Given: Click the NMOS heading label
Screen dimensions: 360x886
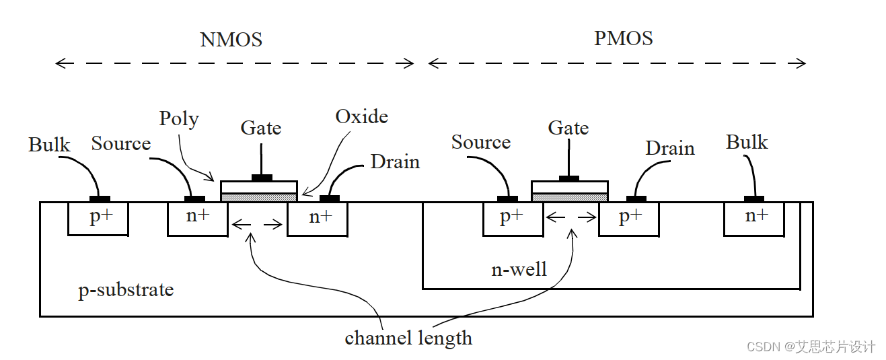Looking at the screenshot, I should pos(231,40).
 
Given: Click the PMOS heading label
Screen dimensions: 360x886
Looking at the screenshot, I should pos(623,38).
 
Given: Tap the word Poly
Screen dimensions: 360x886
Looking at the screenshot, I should pos(179,119).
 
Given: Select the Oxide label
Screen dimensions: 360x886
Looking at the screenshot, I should pos(361,116).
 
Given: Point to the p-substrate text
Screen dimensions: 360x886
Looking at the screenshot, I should pos(126,290).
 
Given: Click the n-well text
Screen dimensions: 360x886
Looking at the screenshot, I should pos(519,270).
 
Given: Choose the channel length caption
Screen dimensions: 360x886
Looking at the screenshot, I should pos(408,337).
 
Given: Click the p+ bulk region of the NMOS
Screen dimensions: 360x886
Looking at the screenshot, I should pos(98,218).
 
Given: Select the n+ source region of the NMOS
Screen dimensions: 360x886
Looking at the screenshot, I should pos(197,218).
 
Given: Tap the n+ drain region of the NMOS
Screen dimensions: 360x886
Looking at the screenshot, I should pos(318,218).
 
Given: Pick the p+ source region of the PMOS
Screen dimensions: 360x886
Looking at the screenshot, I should pos(513,218).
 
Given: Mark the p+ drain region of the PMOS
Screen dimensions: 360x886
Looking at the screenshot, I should pos(628,218).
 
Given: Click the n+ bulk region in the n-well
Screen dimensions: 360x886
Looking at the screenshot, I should pos(754,218).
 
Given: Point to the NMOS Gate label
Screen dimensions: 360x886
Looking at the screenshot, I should pos(261,128).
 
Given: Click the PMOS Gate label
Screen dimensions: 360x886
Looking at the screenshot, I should pos(568,127).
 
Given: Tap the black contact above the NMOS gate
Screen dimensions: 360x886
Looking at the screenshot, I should pos(262,178).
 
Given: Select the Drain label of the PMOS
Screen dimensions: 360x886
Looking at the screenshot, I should pos(670,149).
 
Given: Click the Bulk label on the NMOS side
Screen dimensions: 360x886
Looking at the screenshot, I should pos(49,145).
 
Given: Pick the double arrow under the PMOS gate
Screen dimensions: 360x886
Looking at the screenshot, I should pos(571,217).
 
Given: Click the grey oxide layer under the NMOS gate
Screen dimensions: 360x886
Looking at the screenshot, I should pos(259,197).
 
